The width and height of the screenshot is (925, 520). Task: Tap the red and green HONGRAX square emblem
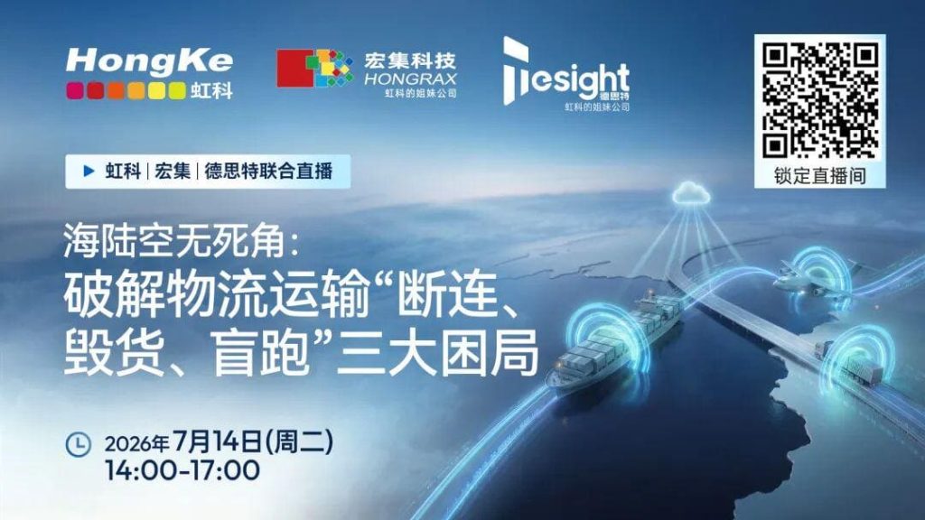coord(314,69)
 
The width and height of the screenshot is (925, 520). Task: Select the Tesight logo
coord(565,72)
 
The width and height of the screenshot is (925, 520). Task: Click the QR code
coord(820,100)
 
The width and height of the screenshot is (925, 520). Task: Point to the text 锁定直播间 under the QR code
coord(820,176)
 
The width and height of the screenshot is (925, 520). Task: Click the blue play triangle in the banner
coord(89,171)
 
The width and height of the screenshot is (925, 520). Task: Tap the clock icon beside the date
coord(78,444)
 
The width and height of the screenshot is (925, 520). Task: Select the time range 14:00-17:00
coord(182,470)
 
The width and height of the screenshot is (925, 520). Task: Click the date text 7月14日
coord(219,441)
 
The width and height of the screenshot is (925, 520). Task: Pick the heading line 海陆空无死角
coord(175,241)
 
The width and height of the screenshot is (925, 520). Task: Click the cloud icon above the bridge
coord(690,193)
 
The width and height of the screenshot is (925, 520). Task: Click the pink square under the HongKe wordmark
coord(74,90)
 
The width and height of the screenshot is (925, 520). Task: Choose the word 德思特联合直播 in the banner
coord(268,171)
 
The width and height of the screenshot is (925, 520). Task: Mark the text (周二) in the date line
coord(300,441)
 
